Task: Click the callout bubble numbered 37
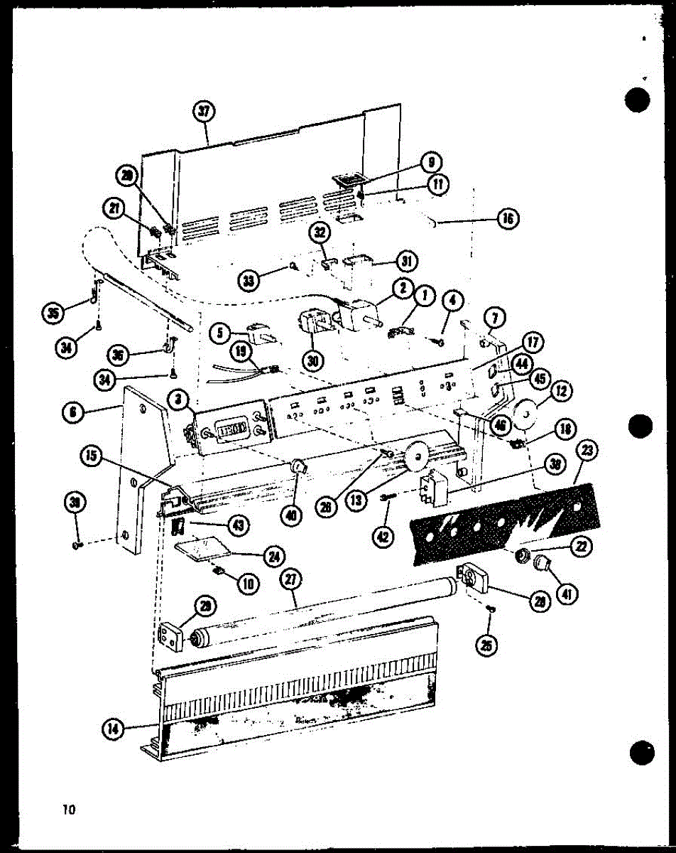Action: [x=205, y=112]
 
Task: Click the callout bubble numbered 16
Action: [x=508, y=218]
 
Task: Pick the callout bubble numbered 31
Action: [x=407, y=261]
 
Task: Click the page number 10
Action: [x=70, y=809]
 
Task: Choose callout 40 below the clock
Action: [x=290, y=515]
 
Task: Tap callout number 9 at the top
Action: [x=430, y=163]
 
